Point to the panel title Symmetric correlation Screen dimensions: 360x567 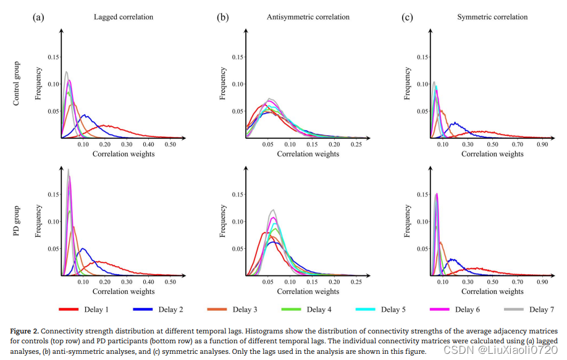coord(492,17)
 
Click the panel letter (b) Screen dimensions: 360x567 coord(222,17)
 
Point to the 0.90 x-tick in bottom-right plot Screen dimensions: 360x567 coord(543,282)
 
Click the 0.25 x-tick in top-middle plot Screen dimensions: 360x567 coord(356,144)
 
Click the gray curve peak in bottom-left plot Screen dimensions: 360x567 coord(68,169)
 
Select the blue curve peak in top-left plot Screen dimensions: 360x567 coord(85,115)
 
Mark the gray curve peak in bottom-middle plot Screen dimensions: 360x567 coord(272,210)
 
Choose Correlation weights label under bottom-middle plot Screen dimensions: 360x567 coord(308,291)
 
